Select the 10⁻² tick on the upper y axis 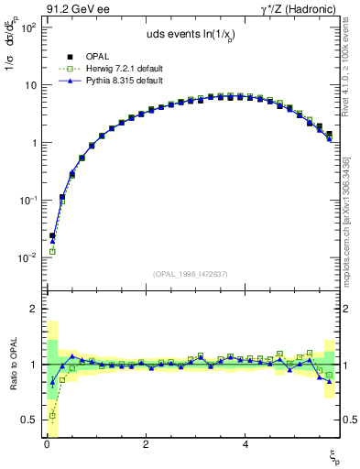[x=27, y=258]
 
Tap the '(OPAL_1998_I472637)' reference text [x=190, y=274]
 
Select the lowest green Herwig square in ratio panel [x=52, y=416]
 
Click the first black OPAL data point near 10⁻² [x=52, y=235]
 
